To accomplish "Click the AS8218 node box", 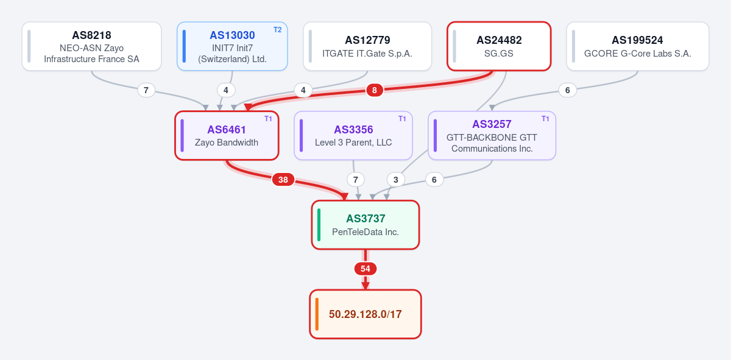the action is coord(92,46).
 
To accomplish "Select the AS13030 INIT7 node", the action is coord(232,46).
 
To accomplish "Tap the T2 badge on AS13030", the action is coord(277,30).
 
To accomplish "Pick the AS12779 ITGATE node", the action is coord(367,46).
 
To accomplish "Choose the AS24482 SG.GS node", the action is coord(499,46).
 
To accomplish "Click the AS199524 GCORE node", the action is coord(638,46).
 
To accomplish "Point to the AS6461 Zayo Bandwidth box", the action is coord(227,135).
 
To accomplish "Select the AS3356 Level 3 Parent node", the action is coord(353,135).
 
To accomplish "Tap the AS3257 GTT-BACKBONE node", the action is coord(492,135).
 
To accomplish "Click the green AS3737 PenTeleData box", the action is coord(365,225).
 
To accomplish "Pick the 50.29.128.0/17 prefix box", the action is coord(365,314).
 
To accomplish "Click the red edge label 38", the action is coord(283,180).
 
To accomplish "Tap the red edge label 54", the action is coord(365,269).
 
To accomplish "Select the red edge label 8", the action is coord(375,90).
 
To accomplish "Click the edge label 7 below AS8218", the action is coord(146,90).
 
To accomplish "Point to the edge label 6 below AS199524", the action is coord(568,90).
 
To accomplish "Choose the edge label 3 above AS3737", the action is coord(396,180).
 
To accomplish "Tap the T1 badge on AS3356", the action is coord(402,119).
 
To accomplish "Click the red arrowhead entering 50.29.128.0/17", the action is coord(365,286).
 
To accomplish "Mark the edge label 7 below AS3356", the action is coord(356,180).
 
